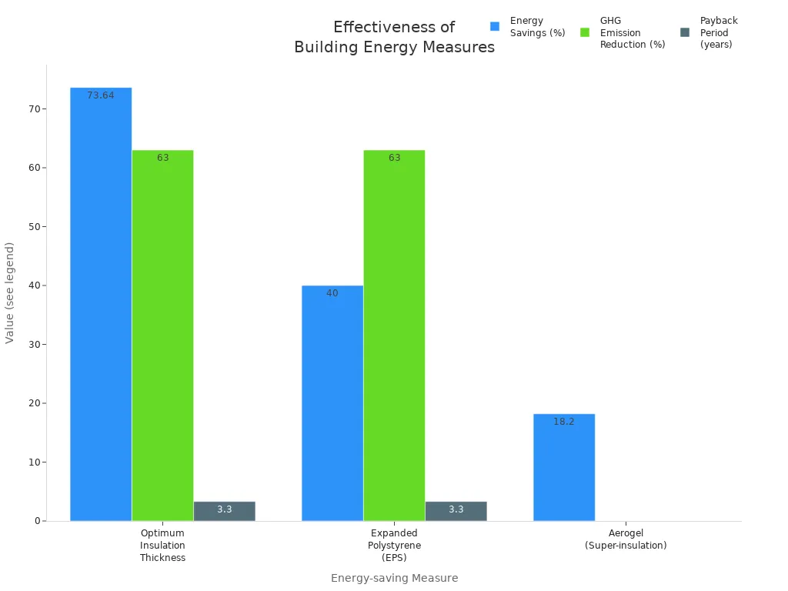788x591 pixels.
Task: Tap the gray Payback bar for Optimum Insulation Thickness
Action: coord(224,511)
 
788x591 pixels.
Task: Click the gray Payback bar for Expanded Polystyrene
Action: coord(456,511)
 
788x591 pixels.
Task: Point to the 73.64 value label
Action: coord(101,95)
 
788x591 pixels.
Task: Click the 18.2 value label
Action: coord(564,422)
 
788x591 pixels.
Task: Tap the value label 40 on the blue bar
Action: coord(332,293)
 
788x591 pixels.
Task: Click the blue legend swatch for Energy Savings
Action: coord(495,26)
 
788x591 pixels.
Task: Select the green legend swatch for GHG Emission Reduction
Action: coord(585,32)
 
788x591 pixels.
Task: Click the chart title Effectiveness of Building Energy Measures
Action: coord(394,37)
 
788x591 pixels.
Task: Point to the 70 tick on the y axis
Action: coord(34,109)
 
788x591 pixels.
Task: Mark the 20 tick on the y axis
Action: coord(34,403)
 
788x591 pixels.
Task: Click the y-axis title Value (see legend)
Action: coord(10,292)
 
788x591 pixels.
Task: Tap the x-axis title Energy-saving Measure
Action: coord(394,578)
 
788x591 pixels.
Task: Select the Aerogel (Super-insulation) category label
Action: coord(626,539)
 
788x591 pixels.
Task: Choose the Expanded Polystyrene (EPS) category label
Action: coord(394,545)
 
